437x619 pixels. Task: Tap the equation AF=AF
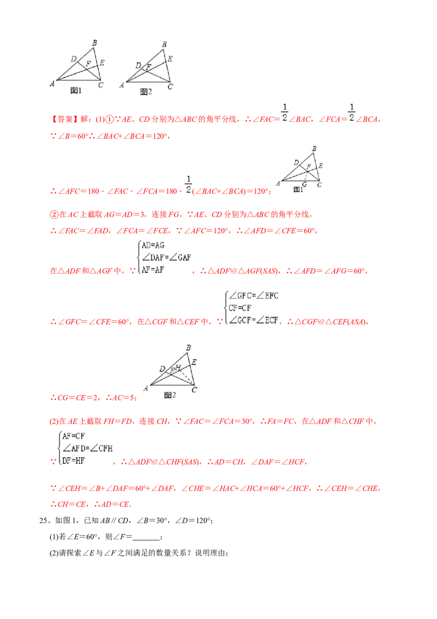pos(153,269)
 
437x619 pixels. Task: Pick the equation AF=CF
pos(74,436)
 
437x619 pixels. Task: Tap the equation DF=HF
pos(74,460)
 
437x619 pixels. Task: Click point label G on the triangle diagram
pos(304,184)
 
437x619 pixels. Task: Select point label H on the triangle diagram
pos(178,367)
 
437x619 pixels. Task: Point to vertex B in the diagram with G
pos(314,149)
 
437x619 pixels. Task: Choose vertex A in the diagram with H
pos(145,388)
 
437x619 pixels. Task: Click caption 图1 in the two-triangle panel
pos(76,91)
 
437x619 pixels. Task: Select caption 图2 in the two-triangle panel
pos(146,91)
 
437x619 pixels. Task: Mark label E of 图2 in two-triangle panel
pos(170,59)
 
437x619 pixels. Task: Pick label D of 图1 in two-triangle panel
pos(73,59)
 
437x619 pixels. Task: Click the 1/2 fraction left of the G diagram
pos(188,185)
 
